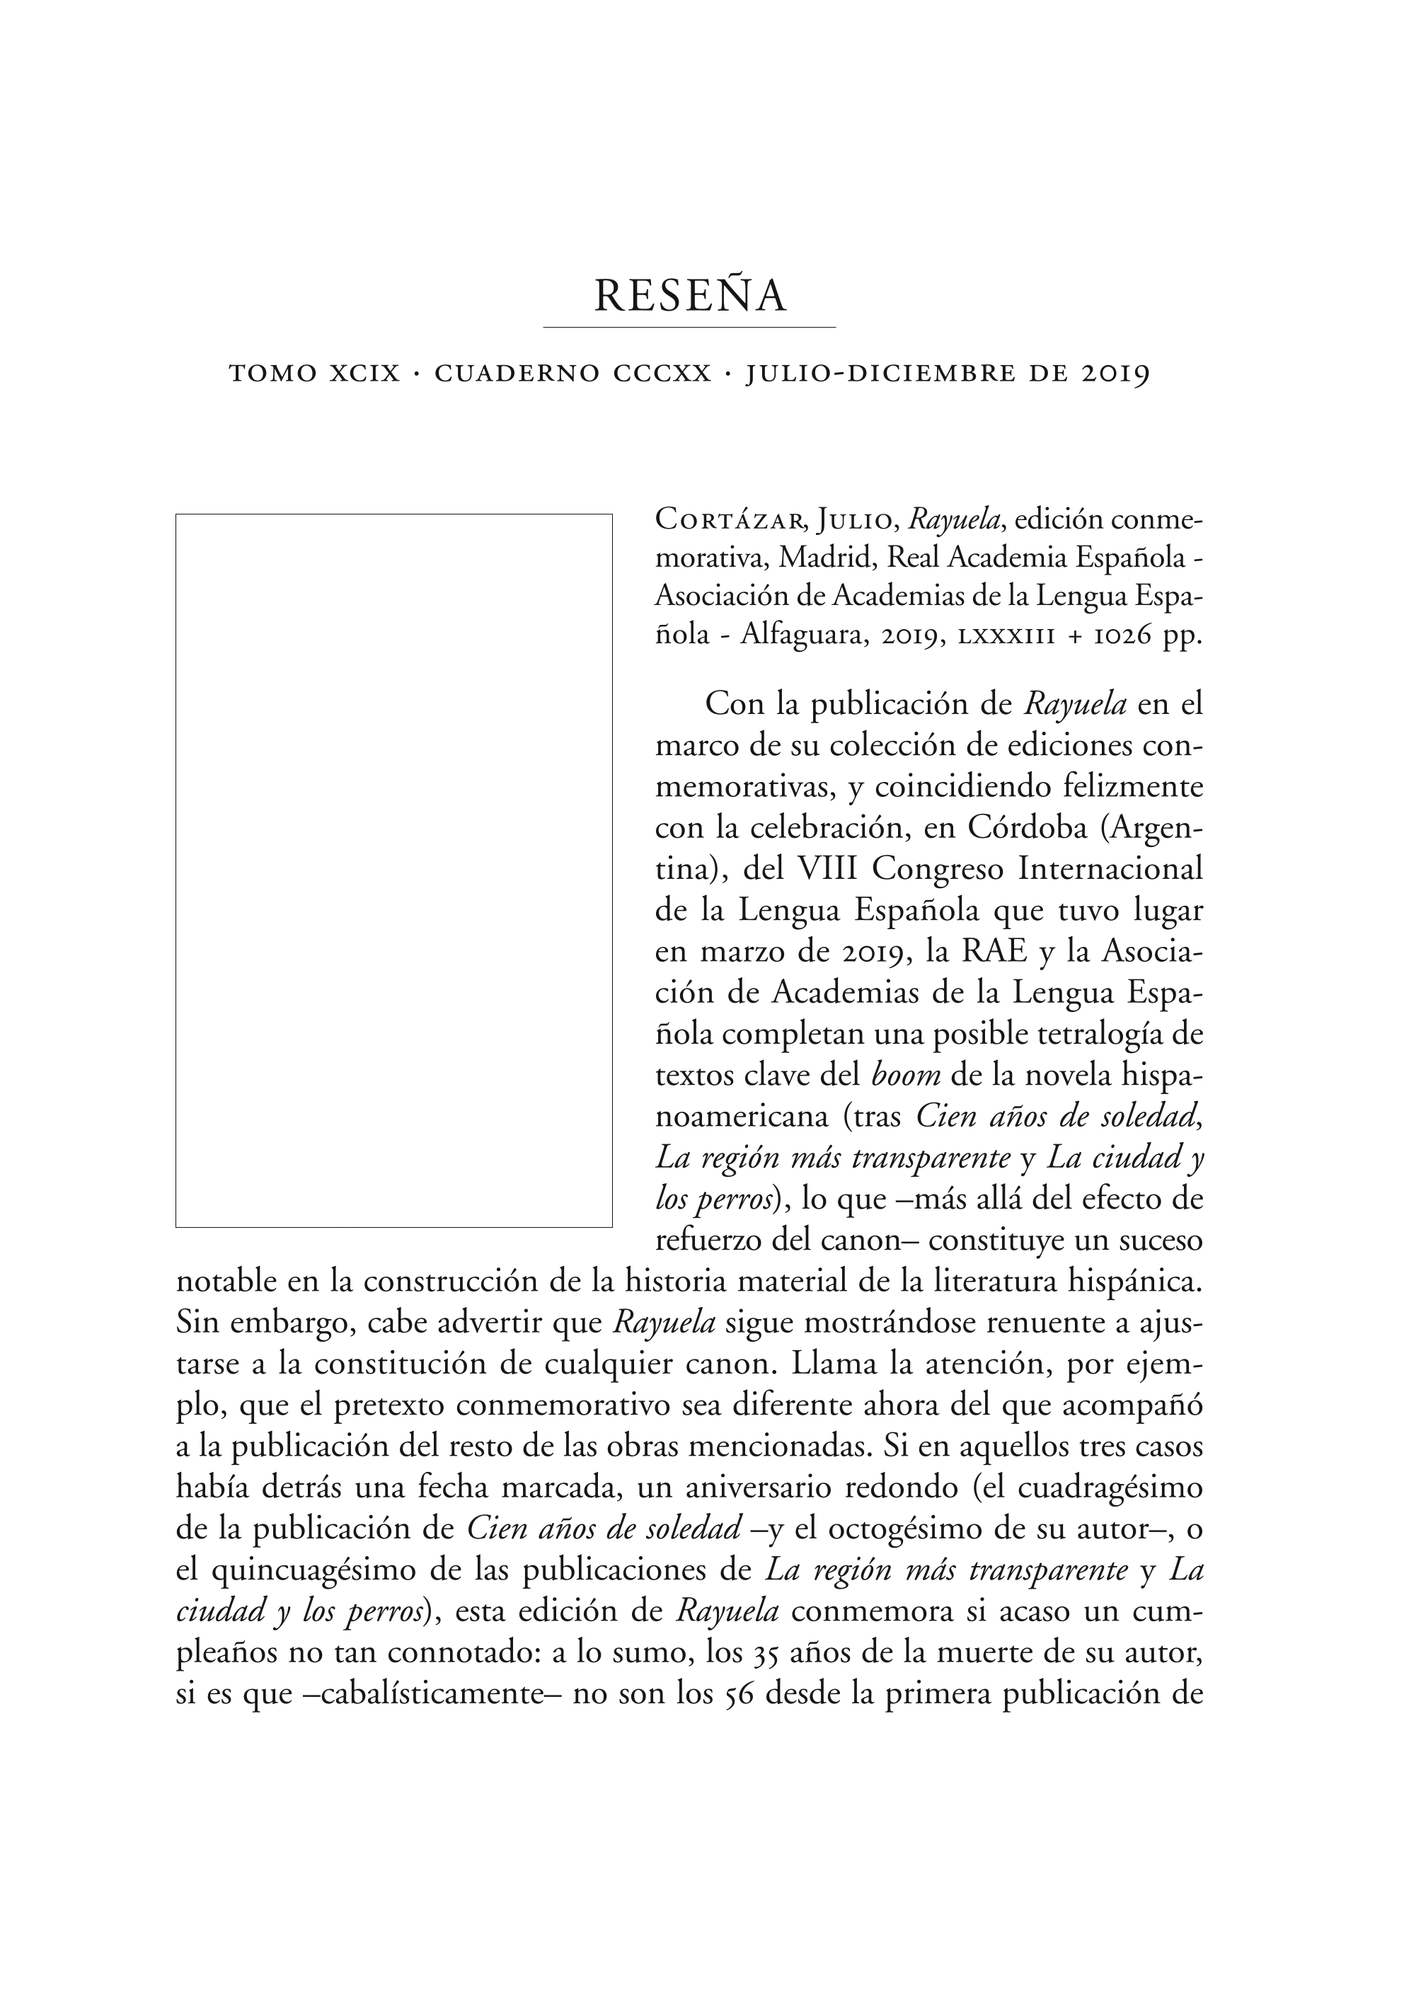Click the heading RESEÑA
[690, 296]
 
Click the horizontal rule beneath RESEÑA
[689, 327]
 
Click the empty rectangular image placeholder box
[393, 870]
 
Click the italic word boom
[906, 1076]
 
